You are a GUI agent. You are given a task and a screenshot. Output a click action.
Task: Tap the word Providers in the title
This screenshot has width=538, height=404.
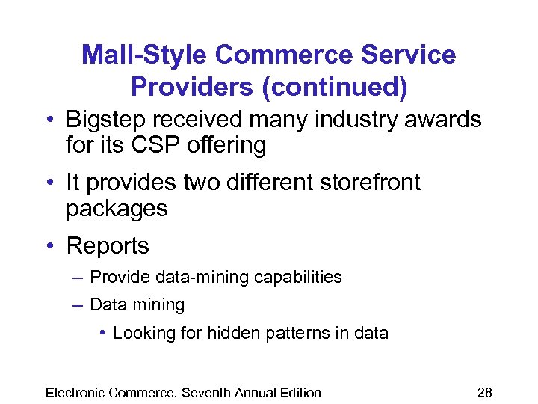pyautogui.click(x=190, y=87)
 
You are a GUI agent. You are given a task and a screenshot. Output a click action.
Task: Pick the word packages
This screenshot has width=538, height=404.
pyautogui.click(x=117, y=209)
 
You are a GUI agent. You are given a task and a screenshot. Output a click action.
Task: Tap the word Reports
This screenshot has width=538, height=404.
pyautogui.click(x=108, y=245)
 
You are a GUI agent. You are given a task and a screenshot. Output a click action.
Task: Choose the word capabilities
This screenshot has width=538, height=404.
pyautogui.click(x=297, y=277)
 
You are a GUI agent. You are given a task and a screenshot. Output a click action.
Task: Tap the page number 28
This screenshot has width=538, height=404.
pyautogui.click(x=485, y=392)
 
